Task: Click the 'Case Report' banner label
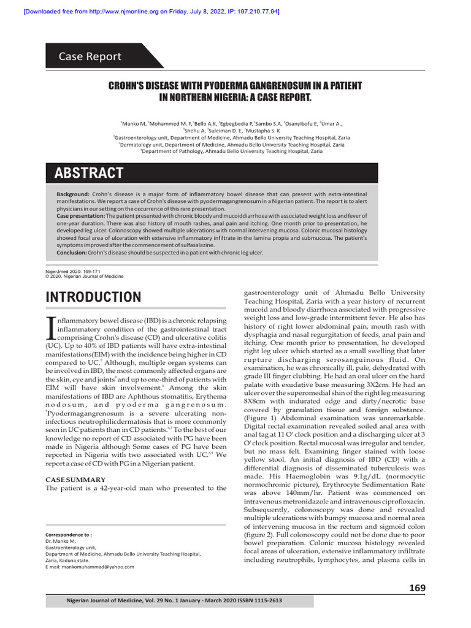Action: [x=90, y=56]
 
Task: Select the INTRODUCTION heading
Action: [x=93, y=297]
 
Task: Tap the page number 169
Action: [x=417, y=588]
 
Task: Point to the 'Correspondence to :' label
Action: [x=69, y=534]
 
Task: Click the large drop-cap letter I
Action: [x=51, y=328]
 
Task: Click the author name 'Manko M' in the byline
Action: [x=133, y=123]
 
